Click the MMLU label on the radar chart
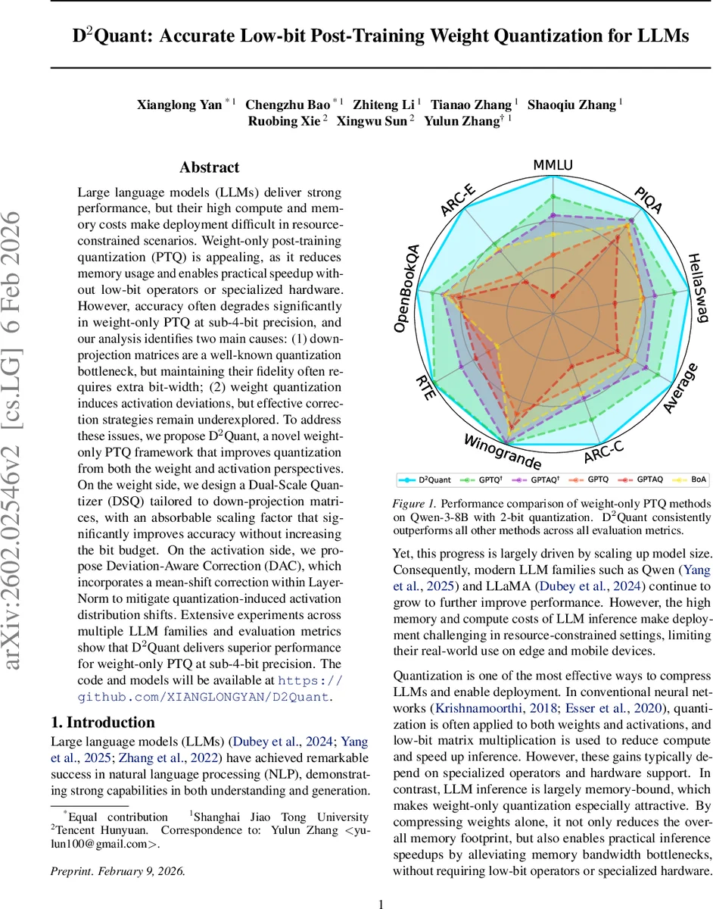pyautogui.click(x=553, y=165)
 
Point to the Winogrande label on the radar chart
pyautogui.click(x=502, y=452)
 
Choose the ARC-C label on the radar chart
pyautogui.click(x=604, y=451)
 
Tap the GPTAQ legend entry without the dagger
pyautogui.click(x=649, y=479)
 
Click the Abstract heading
pyautogui.click(x=210, y=167)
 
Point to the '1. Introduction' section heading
pyautogui.click(x=102, y=722)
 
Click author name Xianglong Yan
pyautogui.click(x=179, y=105)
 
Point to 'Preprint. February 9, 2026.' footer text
pyautogui.click(x=117, y=870)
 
